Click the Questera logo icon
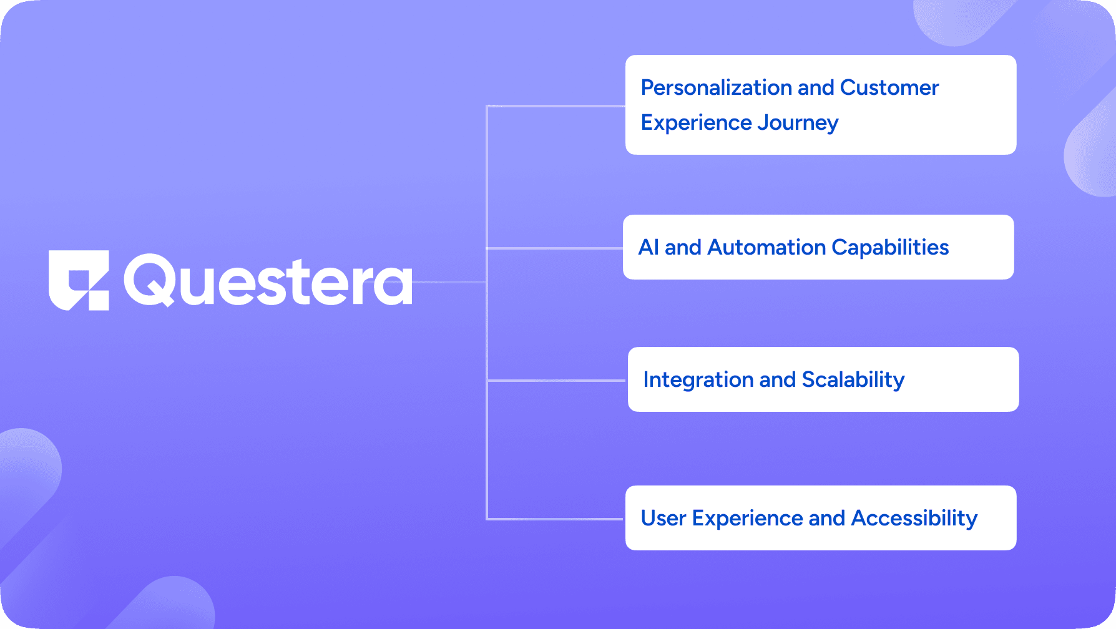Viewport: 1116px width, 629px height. click(x=79, y=280)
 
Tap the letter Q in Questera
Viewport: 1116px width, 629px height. click(x=150, y=280)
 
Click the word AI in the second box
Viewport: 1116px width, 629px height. click(x=649, y=248)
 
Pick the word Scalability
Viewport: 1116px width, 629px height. click(x=853, y=380)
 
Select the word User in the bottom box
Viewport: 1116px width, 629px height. click(x=663, y=519)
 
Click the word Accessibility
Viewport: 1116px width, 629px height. click(x=914, y=519)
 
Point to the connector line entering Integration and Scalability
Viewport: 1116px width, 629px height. click(x=556, y=380)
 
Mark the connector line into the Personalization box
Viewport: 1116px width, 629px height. click(x=556, y=106)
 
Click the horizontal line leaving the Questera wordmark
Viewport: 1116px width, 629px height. click(x=449, y=282)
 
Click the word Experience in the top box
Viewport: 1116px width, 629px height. click(x=696, y=123)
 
